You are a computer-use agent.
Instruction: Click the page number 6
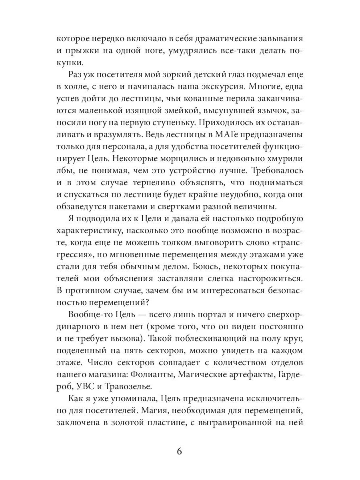click(x=179, y=452)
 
